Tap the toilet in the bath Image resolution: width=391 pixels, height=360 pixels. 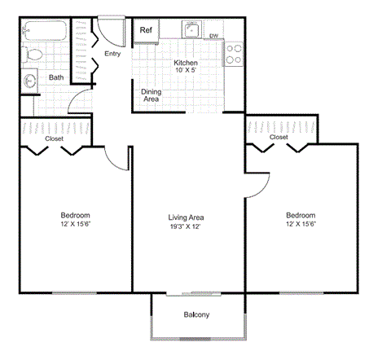click(x=33, y=55)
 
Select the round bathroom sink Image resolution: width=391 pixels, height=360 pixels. click(x=32, y=81)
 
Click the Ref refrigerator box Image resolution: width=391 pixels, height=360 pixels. click(x=147, y=30)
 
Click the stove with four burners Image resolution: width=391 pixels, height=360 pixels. click(x=233, y=54)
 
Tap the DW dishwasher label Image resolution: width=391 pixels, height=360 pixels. click(x=213, y=36)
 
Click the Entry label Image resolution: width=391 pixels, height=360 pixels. click(x=112, y=54)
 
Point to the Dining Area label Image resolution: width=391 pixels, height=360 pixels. click(x=151, y=95)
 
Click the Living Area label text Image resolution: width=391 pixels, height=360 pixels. click(x=186, y=222)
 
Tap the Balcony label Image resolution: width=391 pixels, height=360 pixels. click(x=196, y=315)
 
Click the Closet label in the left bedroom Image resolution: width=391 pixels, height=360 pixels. click(x=54, y=138)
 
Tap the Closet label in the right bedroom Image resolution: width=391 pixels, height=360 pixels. click(x=279, y=137)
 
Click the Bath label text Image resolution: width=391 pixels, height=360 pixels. click(x=56, y=78)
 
